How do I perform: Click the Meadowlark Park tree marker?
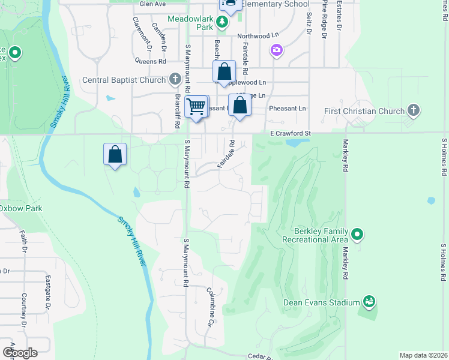pyautogui.click(x=223, y=22)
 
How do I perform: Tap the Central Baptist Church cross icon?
pyautogui.click(x=175, y=79)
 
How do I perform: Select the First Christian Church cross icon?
pyautogui.click(x=412, y=110)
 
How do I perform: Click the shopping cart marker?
pyautogui.click(x=196, y=107)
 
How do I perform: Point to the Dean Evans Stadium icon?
pyautogui.click(x=369, y=302)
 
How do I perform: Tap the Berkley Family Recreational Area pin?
pyautogui.click(x=357, y=234)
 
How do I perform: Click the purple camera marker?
pyautogui.click(x=276, y=50)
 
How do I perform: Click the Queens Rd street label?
pyautogui.click(x=151, y=61)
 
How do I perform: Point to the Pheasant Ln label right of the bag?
pyautogui.click(x=288, y=108)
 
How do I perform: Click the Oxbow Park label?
pyautogui.click(x=20, y=208)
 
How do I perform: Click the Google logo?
pyautogui.click(x=20, y=352)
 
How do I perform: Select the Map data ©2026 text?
pyautogui.click(x=423, y=355)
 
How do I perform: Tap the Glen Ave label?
pyautogui.click(x=152, y=4)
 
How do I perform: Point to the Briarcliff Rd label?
pyautogui.click(x=178, y=112)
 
